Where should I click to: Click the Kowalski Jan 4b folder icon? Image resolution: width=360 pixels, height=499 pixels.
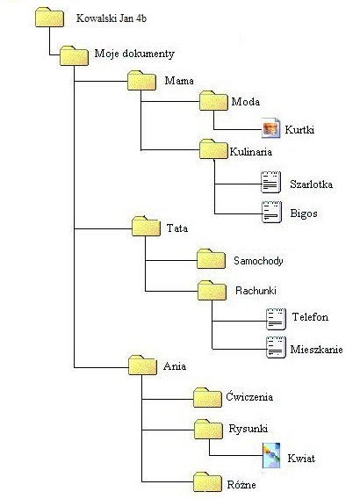point(49,18)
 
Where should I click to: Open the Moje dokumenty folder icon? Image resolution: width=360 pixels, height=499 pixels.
point(74,56)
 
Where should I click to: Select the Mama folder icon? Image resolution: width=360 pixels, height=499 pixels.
point(141,81)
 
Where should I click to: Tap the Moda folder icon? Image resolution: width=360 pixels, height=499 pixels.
point(213,101)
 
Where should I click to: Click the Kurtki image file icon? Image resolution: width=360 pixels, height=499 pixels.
point(271,128)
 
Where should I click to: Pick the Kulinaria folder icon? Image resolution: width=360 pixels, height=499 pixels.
point(213,149)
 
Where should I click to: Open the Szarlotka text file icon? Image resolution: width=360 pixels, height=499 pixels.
point(271,182)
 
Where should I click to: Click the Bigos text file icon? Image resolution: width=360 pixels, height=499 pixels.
point(271,212)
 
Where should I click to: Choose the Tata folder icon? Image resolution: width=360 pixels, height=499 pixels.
point(146,227)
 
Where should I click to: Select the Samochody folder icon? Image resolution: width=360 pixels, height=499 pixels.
point(211,259)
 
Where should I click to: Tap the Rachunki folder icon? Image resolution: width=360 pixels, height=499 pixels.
point(212,290)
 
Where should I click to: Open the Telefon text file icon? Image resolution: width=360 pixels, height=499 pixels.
point(276,319)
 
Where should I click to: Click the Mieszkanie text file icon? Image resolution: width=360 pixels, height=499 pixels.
point(276,347)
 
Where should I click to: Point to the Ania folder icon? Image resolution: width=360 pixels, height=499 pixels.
point(142,365)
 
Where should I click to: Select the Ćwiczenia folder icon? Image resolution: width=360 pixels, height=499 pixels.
point(207,397)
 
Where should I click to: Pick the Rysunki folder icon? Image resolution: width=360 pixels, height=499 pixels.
point(208,430)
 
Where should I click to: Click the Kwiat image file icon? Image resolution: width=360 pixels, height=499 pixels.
point(271,455)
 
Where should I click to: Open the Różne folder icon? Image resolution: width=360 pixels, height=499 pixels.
point(207,481)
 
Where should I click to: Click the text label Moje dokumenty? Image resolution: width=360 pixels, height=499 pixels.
point(134,54)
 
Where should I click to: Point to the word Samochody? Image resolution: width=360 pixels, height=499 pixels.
point(258,261)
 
